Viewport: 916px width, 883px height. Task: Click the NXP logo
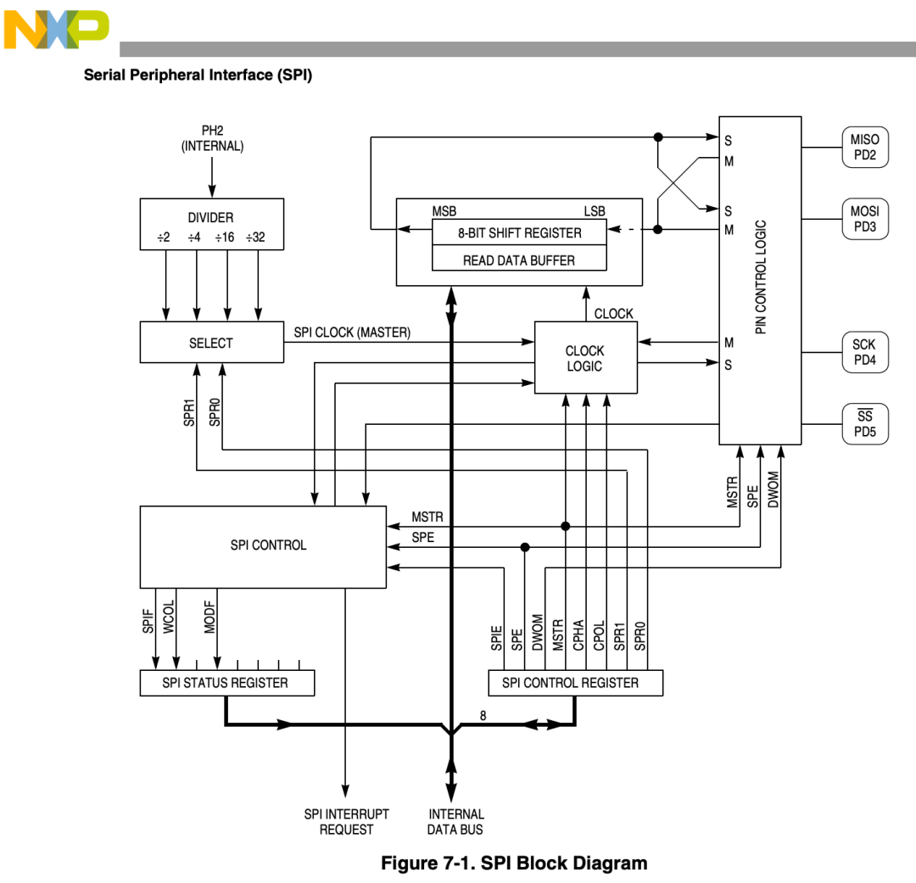[x=56, y=30]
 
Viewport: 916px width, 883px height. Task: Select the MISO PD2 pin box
[x=864, y=148]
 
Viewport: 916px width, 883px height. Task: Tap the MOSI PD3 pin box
[x=864, y=219]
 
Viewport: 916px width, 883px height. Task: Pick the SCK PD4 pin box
[x=864, y=352]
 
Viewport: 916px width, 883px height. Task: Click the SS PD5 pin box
[x=864, y=423]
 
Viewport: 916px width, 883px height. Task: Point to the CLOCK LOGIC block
[x=585, y=358]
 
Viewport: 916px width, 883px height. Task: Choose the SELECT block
[x=211, y=343]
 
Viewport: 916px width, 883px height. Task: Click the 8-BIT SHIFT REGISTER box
[x=519, y=232]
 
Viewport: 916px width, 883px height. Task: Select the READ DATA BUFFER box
[x=519, y=260]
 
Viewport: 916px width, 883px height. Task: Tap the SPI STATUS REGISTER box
[x=226, y=683]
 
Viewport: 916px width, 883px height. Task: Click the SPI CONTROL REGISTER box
[x=575, y=683]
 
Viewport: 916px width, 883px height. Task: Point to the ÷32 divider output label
[x=255, y=238]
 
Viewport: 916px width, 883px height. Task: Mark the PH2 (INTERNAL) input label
[x=212, y=138]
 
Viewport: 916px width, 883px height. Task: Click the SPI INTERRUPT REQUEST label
[x=346, y=821]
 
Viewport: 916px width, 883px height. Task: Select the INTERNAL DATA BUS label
[x=455, y=821]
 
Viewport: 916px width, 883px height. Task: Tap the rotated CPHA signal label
[x=578, y=635]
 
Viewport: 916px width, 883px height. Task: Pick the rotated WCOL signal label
[x=169, y=618]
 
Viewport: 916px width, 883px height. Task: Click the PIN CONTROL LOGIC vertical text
[x=761, y=277]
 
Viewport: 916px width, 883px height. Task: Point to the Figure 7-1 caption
[x=514, y=863]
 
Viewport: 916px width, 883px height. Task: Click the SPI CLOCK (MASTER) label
[x=352, y=333]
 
